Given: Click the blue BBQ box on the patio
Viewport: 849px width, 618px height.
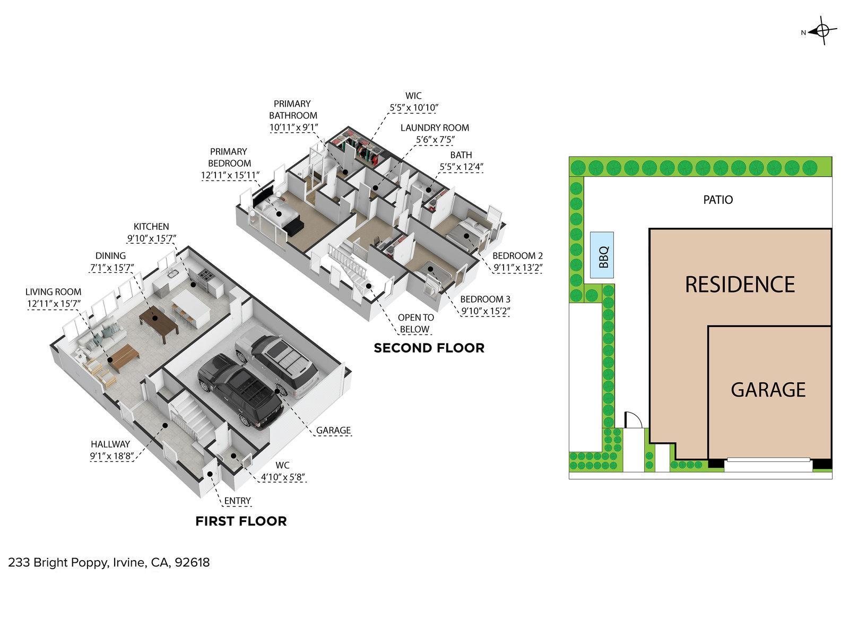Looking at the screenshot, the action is coord(602,255).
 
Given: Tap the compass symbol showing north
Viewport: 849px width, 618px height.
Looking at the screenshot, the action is coord(822,31).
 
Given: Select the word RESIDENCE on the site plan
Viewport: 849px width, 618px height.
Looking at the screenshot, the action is coord(740,285).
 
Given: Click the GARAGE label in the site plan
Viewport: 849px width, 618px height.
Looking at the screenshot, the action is coord(768,390).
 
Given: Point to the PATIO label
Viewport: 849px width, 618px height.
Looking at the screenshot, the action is coord(717,200).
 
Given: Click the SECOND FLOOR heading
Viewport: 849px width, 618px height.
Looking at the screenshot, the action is coord(429,348).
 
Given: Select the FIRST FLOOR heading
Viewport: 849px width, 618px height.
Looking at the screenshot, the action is coord(241,521).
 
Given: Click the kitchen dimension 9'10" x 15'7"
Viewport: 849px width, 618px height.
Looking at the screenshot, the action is coord(151,239).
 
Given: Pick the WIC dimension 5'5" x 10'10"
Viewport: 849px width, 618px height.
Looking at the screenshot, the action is coord(414,108).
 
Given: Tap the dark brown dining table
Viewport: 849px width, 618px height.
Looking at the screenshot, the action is coord(159,322).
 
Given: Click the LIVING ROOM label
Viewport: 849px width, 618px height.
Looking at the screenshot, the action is coord(53,292).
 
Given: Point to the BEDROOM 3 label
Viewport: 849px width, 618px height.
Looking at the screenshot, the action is coord(485,299).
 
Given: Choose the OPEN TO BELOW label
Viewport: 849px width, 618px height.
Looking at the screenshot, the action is coord(415,323).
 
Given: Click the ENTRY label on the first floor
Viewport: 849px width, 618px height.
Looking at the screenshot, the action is coord(237,501).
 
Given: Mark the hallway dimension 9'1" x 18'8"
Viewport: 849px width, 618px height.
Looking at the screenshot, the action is coord(111,456).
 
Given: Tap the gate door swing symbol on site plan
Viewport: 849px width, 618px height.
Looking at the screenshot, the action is coord(633,420).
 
